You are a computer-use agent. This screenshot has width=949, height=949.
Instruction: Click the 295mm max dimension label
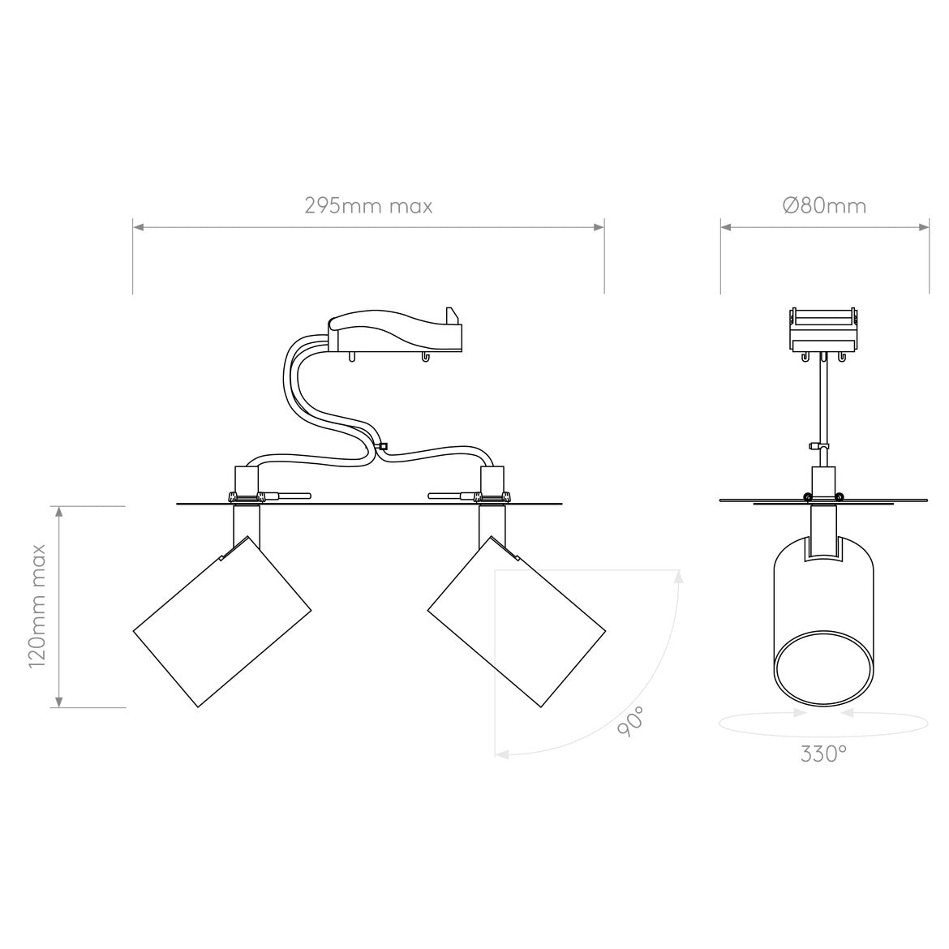pos(368,206)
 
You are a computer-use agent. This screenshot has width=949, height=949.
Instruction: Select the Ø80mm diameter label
pos(825,206)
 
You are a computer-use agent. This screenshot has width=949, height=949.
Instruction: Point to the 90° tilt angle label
pos(630,721)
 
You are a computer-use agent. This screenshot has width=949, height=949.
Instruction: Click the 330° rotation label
pos(823,754)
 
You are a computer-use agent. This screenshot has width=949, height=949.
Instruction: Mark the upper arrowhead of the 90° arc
pos(678,577)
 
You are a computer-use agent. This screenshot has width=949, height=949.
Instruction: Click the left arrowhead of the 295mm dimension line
pos(139,227)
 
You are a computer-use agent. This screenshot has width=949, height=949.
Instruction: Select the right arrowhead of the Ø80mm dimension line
pos(924,227)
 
